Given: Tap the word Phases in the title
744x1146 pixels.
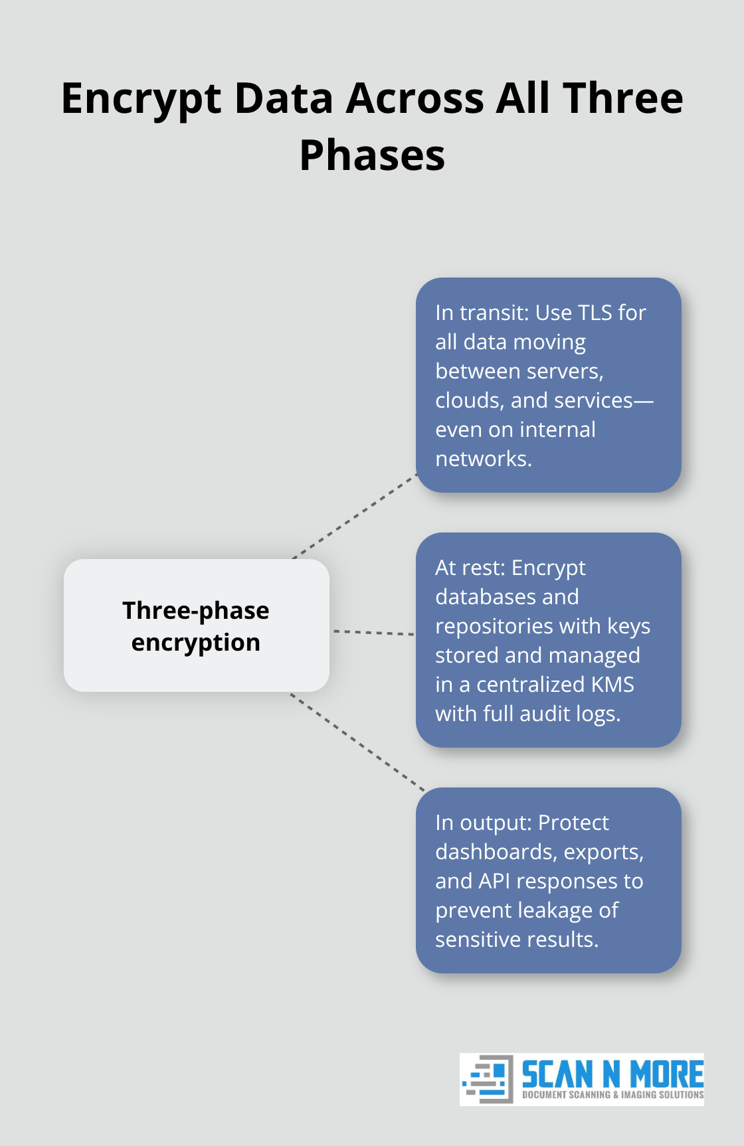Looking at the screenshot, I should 372,156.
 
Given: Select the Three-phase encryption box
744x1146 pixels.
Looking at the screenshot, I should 196,625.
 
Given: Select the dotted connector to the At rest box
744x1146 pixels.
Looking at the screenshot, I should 373,633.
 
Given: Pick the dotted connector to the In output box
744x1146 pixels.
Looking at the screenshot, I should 357,742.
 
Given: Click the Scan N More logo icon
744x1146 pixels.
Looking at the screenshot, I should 488,1078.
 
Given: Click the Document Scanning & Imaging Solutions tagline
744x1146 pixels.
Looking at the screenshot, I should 612,1095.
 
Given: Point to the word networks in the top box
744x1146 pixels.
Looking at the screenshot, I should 482,459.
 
